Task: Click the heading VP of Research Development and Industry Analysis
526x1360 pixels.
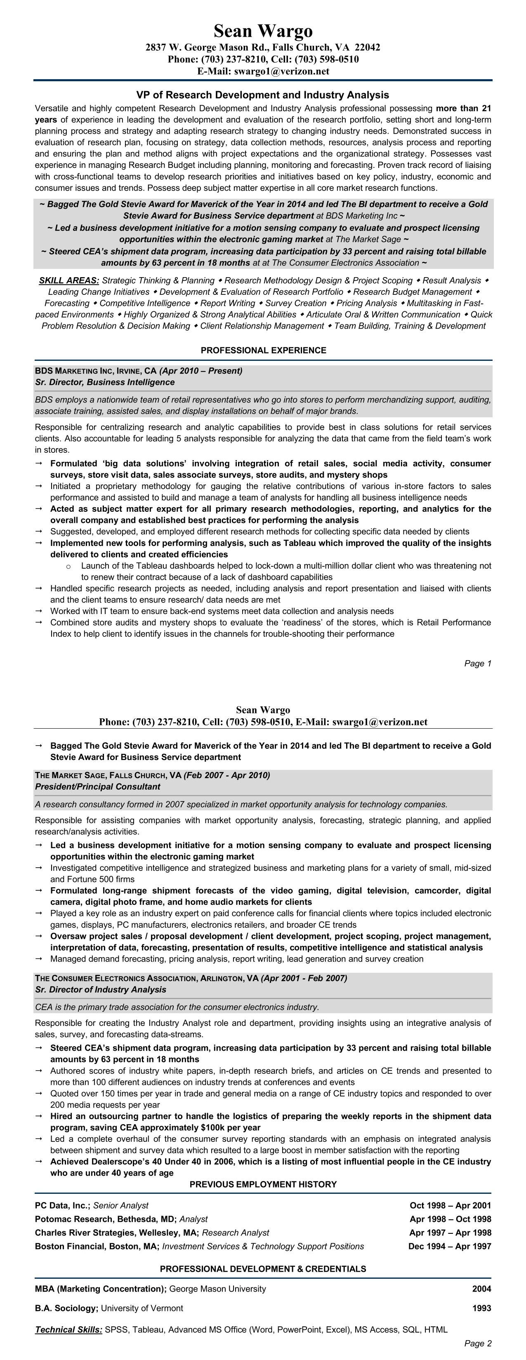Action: tap(262, 95)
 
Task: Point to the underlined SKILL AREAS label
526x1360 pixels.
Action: tap(68, 281)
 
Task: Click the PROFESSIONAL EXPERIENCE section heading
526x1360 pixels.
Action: tap(263, 351)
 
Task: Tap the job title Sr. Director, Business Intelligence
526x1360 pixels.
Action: tap(104, 382)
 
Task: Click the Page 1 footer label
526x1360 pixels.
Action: tap(477, 664)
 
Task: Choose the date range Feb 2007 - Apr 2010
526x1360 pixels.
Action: tap(226, 776)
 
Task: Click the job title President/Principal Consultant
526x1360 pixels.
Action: tap(97, 787)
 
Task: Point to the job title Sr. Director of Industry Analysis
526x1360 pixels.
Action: tap(100, 990)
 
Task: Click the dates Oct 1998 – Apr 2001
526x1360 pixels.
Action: tap(450, 1206)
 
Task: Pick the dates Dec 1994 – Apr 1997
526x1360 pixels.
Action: tap(449, 1247)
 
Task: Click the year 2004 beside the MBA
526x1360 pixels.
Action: tap(481, 1289)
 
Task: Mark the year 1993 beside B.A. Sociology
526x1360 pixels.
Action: tap(481, 1309)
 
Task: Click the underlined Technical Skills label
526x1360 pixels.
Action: tap(68, 1330)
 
